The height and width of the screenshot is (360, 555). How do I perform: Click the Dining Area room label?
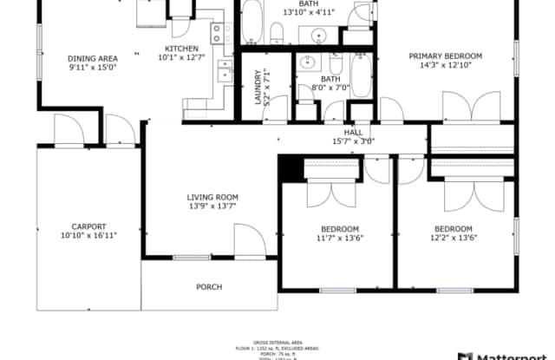coord(92,59)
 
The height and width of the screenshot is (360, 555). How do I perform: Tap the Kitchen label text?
coord(182,49)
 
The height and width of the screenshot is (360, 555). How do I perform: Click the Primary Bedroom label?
coord(446,56)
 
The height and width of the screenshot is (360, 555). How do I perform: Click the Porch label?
coord(208,287)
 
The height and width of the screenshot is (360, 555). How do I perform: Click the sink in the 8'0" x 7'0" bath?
coord(306,63)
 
